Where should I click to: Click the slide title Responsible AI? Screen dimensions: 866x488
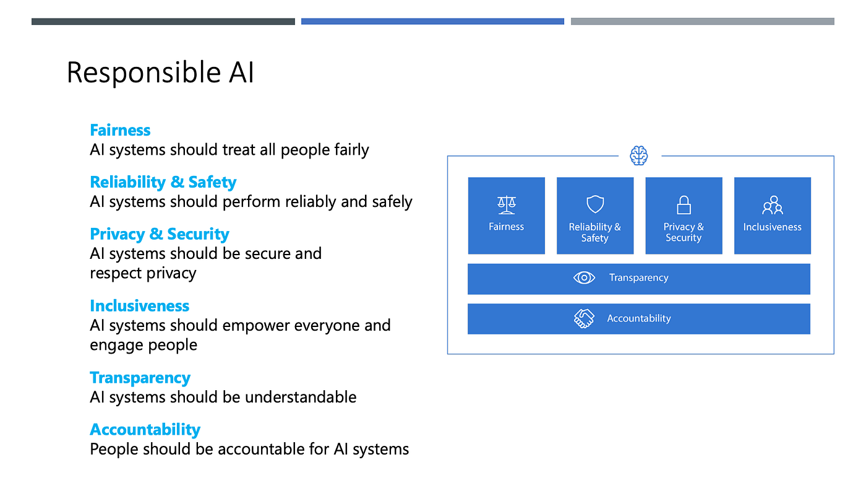(160, 72)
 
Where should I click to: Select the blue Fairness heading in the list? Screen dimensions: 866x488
(120, 130)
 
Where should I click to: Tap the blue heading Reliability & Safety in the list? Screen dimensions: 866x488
(163, 182)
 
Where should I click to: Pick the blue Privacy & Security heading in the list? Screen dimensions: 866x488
(159, 234)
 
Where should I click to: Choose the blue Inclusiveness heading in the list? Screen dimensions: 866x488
(139, 306)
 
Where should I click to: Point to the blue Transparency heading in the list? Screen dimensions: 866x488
(140, 378)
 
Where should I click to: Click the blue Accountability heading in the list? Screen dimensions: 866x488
(145, 430)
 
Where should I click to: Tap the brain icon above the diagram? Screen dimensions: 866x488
(639, 155)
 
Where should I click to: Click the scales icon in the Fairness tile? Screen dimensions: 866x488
(506, 205)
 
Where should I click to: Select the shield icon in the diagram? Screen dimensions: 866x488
(594, 204)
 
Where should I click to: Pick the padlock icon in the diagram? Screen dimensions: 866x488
(684, 204)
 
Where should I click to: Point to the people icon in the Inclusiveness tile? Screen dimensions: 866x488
(772, 205)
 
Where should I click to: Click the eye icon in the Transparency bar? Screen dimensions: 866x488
(584, 278)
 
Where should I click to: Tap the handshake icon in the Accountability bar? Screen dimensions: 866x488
(584, 318)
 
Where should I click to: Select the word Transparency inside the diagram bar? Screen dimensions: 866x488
(638, 278)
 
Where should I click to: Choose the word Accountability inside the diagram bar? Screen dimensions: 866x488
(638, 318)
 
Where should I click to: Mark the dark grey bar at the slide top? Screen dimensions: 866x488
(163, 22)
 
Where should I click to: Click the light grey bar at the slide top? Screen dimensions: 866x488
(702, 22)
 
